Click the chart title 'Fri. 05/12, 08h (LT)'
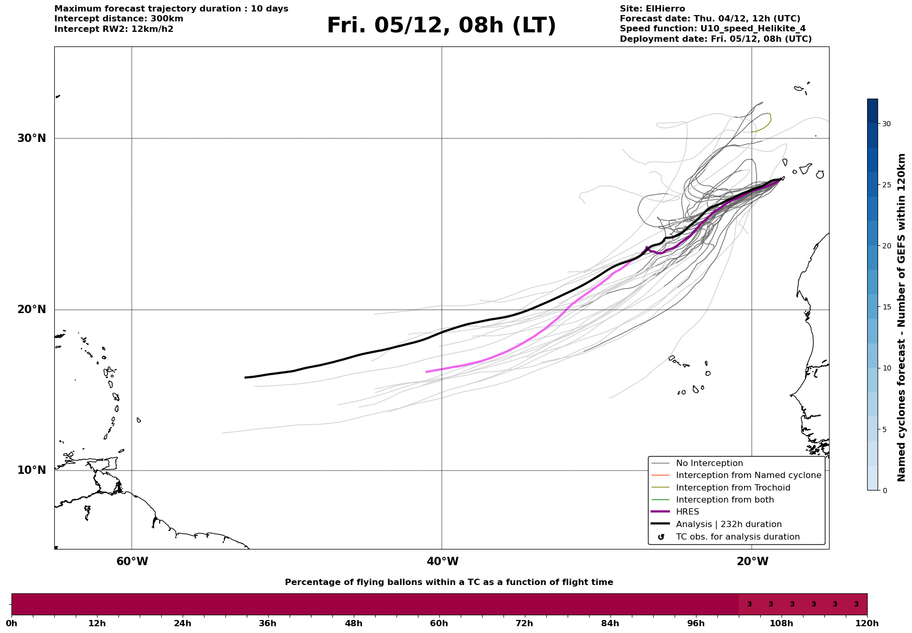coord(441,26)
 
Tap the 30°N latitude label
coord(32,138)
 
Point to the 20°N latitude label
coord(32,309)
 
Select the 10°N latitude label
coord(32,470)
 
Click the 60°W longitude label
coord(132,562)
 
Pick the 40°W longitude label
coord(442,562)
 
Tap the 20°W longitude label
coord(752,562)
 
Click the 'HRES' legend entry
coord(687,512)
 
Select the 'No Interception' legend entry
coord(709,463)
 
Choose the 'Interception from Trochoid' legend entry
coord(733,488)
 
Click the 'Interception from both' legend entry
coord(725,500)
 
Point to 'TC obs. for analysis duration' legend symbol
coord(661,537)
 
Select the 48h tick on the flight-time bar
coord(353,623)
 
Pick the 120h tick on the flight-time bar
coord(867,623)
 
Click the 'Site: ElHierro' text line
coord(652,9)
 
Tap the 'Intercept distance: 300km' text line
coord(118,19)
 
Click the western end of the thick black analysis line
coord(245,377)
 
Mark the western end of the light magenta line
coord(426,372)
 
